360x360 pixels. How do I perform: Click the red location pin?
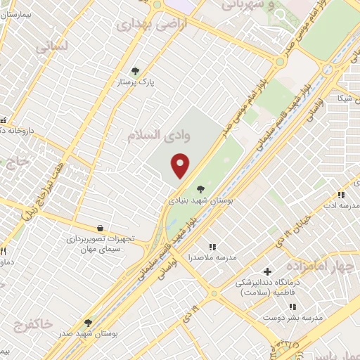click(x=181, y=165)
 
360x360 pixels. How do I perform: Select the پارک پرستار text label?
click(x=136, y=82)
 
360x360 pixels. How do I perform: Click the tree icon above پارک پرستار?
click(x=136, y=70)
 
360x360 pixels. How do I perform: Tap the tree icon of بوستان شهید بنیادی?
click(x=201, y=188)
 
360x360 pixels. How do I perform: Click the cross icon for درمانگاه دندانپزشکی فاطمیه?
click(x=267, y=271)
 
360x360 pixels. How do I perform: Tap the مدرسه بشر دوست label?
click(x=292, y=318)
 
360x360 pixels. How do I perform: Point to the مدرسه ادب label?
click(x=341, y=205)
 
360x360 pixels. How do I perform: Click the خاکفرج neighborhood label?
click(x=32, y=324)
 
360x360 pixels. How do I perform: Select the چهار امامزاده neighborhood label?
click(x=323, y=267)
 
